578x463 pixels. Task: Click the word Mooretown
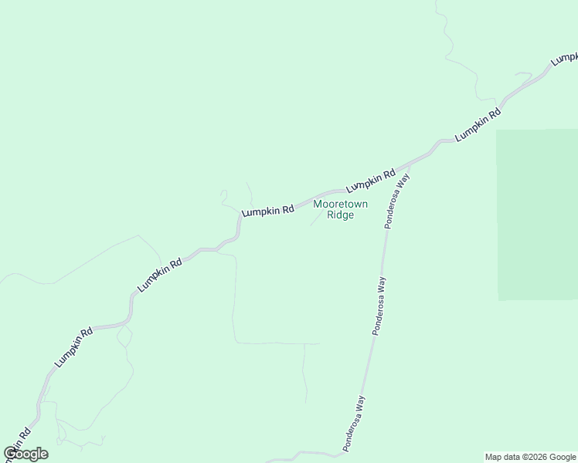click(340, 204)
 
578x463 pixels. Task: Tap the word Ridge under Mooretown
click(340, 215)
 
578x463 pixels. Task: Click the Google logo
click(25, 454)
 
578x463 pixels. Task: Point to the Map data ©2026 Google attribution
click(530, 457)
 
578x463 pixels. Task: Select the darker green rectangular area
click(537, 215)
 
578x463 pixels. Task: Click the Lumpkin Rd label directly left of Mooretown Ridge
click(268, 210)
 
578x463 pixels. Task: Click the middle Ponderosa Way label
click(379, 306)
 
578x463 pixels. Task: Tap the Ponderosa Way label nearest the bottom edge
click(355, 423)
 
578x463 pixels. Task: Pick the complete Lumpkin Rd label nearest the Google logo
click(74, 346)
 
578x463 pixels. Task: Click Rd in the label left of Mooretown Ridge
click(287, 208)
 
